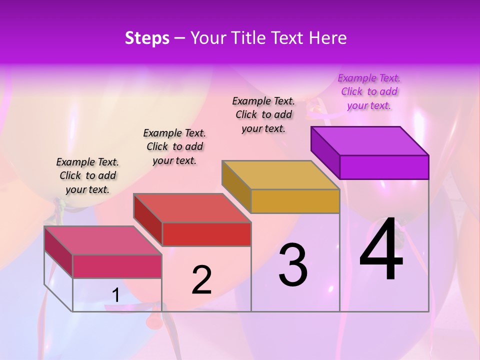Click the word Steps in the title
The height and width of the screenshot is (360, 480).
pyautogui.click(x=147, y=38)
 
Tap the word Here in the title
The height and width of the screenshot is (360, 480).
pyautogui.click(x=326, y=38)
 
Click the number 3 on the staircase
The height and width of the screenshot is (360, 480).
pyautogui.click(x=293, y=265)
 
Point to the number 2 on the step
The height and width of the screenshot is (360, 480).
pyautogui.click(x=201, y=280)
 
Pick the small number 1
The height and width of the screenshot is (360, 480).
pyautogui.click(x=115, y=295)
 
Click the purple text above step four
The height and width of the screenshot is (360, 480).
pyautogui.click(x=369, y=92)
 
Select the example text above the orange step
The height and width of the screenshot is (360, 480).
pyautogui.click(x=263, y=114)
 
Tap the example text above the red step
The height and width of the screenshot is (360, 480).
pyautogui.click(x=174, y=146)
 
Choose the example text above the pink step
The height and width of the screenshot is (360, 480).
pyautogui.click(x=87, y=175)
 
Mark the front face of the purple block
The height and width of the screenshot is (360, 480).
pyautogui.click(x=384, y=167)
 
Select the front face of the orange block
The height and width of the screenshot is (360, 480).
pyautogui.click(x=295, y=201)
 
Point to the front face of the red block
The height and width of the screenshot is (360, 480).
pyautogui.click(x=206, y=234)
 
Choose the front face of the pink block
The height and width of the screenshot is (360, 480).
pyautogui.click(x=117, y=266)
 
